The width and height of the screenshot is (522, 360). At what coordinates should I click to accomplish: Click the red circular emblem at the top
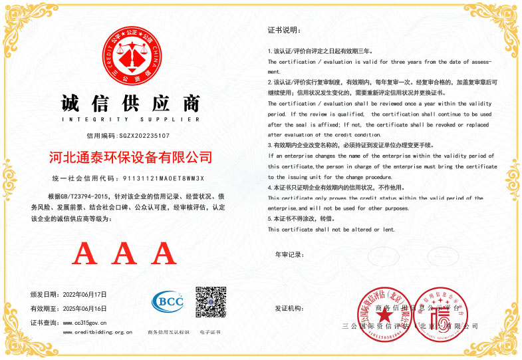pos(130,57)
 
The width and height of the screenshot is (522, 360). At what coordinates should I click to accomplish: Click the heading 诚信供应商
pos(130,104)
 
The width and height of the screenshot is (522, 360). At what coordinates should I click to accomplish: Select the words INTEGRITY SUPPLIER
pos(130,120)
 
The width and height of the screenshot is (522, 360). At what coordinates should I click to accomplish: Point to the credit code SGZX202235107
pos(144,135)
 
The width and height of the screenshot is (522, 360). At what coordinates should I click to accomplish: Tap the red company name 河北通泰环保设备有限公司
pos(131,158)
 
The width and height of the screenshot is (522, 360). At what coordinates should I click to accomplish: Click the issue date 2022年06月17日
pos(84,294)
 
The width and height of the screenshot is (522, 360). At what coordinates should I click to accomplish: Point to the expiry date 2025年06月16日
pos(84,308)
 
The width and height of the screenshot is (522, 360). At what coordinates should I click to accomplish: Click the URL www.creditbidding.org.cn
pos(97,332)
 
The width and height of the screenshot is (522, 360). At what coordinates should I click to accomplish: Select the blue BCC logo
pos(168,301)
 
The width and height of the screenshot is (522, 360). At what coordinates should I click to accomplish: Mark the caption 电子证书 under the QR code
pos(210,332)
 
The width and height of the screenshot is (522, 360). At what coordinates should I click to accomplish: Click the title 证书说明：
pos(284,30)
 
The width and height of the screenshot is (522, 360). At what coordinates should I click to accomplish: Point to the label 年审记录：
pos(289,255)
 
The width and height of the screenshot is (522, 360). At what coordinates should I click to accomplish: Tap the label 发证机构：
pos(289,309)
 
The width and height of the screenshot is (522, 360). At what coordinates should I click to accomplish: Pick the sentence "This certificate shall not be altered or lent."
pos(331,230)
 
